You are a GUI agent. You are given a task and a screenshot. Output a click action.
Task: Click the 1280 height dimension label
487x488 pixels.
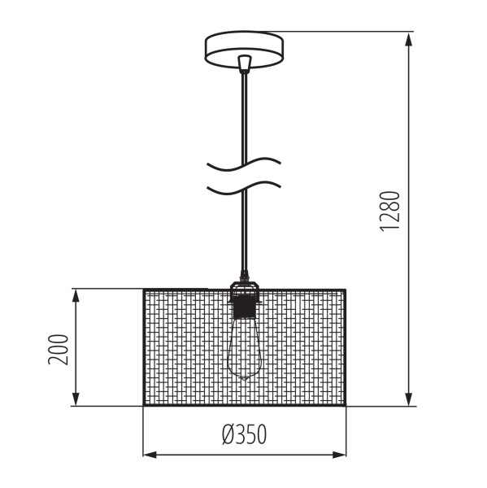coord(389,211)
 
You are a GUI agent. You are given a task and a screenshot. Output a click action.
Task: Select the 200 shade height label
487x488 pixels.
coord(58,349)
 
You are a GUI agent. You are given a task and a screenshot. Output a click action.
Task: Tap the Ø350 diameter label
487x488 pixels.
coord(244,434)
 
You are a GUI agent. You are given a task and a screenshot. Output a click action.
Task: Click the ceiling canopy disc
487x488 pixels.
coord(244,49)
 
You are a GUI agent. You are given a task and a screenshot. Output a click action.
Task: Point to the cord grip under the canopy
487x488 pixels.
coord(245,64)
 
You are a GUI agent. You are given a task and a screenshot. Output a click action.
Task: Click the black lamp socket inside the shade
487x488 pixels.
coord(244,306)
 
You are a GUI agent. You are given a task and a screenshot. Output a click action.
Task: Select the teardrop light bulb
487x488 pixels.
coord(245,349)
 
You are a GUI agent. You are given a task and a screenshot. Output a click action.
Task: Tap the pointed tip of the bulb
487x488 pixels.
coord(245,381)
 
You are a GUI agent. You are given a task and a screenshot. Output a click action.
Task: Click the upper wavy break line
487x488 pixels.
coord(244,164)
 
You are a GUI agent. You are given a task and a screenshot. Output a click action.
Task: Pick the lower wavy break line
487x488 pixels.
coord(244,188)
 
